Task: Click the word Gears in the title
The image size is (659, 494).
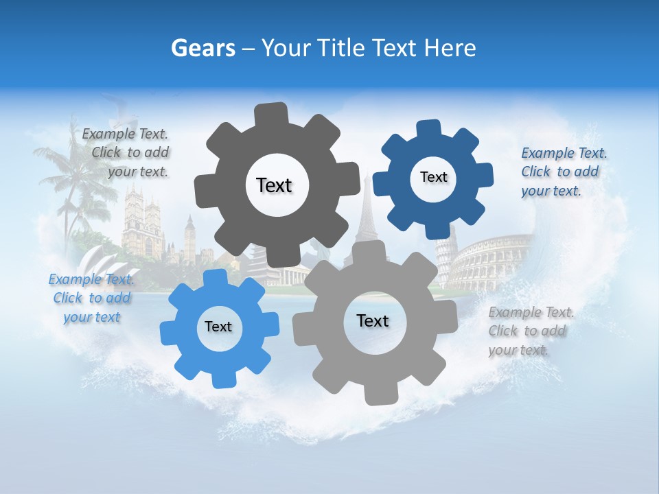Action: pos(203,48)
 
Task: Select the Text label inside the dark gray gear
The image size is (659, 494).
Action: pos(274,185)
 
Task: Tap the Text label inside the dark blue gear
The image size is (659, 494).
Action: pos(433,177)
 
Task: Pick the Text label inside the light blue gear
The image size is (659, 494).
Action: pos(218,327)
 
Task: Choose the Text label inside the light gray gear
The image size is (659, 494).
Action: pos(373,320)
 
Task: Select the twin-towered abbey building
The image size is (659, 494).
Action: pos(142,220)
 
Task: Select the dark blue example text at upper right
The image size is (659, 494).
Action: pos(563,172)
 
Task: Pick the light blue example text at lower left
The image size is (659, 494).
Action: pos(92,298)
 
